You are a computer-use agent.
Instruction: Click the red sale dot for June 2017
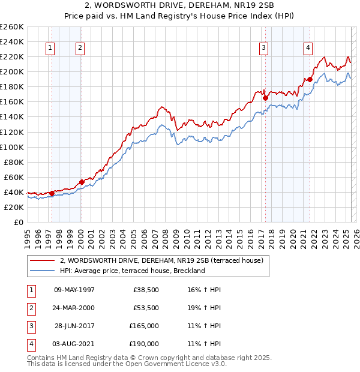[x=265, y=98]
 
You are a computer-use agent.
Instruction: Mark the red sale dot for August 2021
[x=310, y=79]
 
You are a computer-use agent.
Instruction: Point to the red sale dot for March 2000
[x=82, y=182]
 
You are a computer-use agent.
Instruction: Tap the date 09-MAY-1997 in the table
[x=74, y=290]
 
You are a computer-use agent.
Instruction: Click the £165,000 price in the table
[x=144, y=326]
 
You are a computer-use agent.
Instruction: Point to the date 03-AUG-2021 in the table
[x=74, y=344]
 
